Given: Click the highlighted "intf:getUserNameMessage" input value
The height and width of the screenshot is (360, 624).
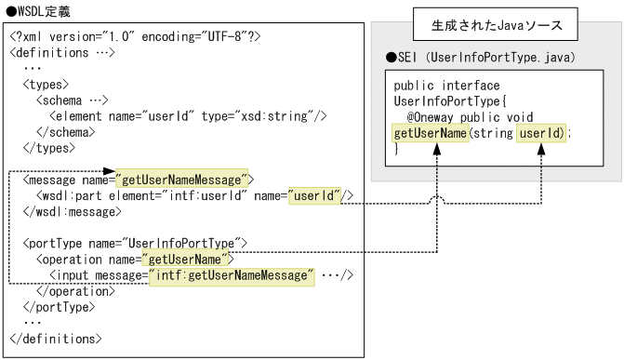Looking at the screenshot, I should pyautogui.click(x=231, y=275).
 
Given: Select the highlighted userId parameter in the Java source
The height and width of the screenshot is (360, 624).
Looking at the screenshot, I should pyautogui.click(x=541, y=134).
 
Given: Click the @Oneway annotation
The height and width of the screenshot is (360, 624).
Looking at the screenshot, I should pyautogui.click(x=436, y=119).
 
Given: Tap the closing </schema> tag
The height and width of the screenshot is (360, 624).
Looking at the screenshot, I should pyautogui.click(x=71, y=131).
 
